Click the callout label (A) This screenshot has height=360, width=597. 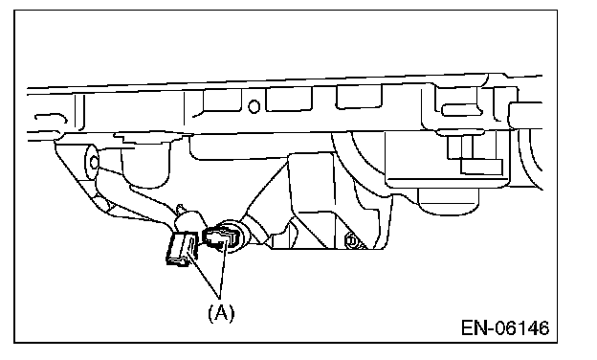pyautogui.click(x=221, y=313)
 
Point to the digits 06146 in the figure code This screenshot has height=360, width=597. pyautogui.click(x=522, y=328)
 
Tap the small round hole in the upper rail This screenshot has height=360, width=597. pyautogui.click(x=254, y=106)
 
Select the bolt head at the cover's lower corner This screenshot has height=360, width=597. pyautogui.click(x=351, y=241)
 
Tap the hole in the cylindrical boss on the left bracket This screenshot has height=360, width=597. pyautogui.click(x=94, y=163)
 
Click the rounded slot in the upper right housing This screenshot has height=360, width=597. pyautogui.click(x=462, y=111)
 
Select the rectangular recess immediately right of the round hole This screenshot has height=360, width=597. pyautogui.click(x=288, y=99)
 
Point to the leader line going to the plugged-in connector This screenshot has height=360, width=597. pyautogui.click(x=224, y=269)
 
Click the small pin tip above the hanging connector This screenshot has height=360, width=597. pyautogui.click(x=181, y=209)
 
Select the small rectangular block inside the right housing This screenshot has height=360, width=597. pyautogui.click(x=481, y=167)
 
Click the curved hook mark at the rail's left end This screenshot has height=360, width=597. pyautogui.click(x=52, y=118)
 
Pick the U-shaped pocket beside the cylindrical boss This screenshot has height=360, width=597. pyautogui.click(x=144, y=167)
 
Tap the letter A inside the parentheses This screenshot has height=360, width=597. pyautogui.click(x=221, y=313)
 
